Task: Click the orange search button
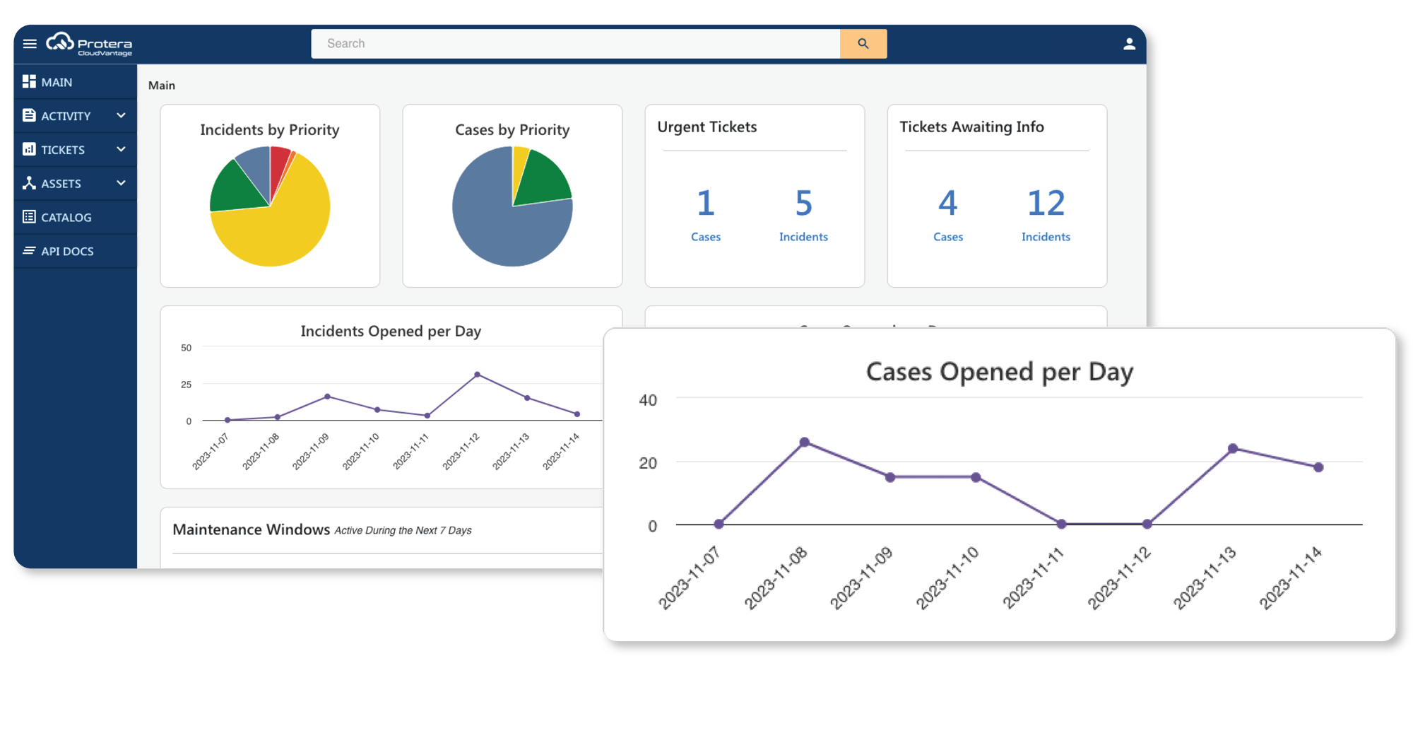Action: pos(863,44)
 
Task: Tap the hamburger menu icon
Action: pos(30,44)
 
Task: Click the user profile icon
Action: pos(1129,44)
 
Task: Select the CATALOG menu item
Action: pos(66,217)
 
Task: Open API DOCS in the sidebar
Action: pos(67,251)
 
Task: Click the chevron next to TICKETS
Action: pos(121,149)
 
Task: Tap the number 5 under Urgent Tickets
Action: pos(803,204)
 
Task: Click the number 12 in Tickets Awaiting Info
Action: pos(1046,204)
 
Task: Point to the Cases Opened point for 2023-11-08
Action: pos(804,443)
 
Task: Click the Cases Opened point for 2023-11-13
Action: pos(1233,448)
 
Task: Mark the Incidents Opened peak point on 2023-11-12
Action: pos(478,375)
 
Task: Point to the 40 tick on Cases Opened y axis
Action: pos(648,400)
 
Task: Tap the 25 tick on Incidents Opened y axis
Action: pos(186,385)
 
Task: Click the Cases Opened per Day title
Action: pos(999,372)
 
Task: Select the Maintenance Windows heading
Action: pos(251,529)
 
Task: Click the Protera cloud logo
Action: pos(61,42)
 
